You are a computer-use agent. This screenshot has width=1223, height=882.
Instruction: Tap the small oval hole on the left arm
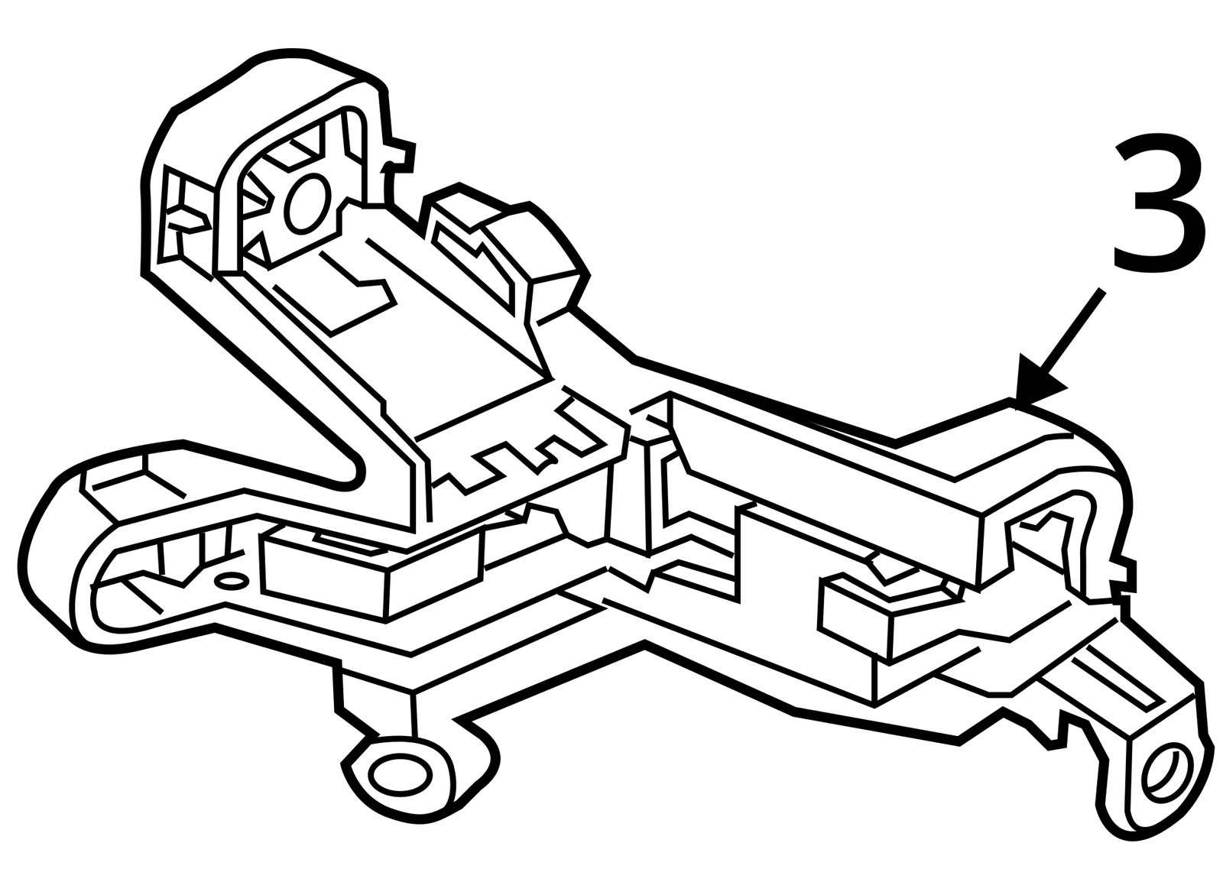pyautogui.click(x=232, y=582)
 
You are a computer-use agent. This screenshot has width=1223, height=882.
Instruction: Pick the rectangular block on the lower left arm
pyautogui.click(x=371, y=573)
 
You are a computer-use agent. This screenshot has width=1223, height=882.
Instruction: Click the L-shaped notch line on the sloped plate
pyautogui.click(x=358, y=292)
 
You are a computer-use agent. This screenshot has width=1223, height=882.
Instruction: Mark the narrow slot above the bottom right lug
pyautogui.click(x=1114, y=685)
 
